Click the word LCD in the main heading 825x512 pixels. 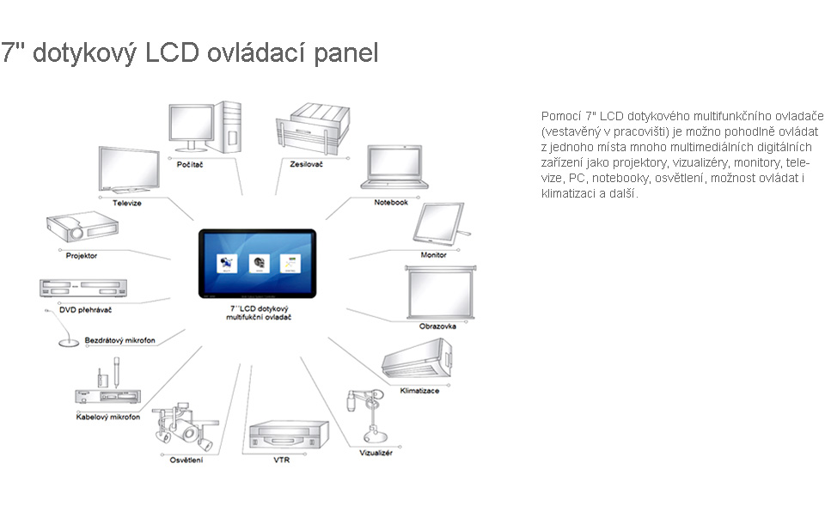coord(172,52)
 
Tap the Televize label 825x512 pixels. coord(127,203)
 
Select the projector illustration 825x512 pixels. coord(82,226)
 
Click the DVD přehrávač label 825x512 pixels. coord(85,310)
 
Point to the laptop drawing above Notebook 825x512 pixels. coord(394,168)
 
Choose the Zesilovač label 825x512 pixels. coord(306,164)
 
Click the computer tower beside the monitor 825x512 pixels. coord(227,127)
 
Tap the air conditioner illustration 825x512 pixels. coord(418,358)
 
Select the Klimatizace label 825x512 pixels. coord(419,391)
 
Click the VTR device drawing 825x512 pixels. coord(289,435)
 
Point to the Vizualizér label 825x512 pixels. coord(376,453)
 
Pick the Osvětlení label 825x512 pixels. coord(186,460)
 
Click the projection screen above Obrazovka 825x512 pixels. coord(440,293)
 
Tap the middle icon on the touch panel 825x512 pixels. coord(259,263)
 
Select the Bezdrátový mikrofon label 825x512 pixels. coord(120,340)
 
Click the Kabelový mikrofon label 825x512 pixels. coord(108,417)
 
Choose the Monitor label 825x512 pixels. coord(433,254)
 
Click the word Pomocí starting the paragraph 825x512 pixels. coord(561,116)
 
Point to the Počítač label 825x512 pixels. coord(190,165)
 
